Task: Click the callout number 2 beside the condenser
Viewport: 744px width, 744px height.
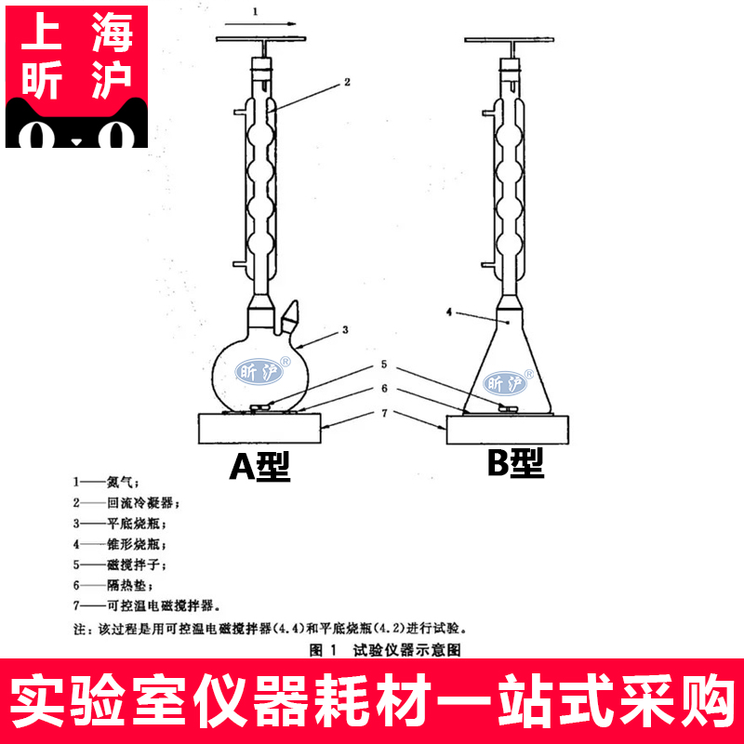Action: (x=346, y=82)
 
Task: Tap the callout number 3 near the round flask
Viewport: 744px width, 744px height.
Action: (x=345, y=329)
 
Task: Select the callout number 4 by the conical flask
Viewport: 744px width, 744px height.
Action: (x=449, y=314)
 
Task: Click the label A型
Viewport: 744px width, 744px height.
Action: (x=260, y=467)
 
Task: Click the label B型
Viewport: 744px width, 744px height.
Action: (x=515, y=465)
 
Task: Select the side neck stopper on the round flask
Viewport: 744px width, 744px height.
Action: (x=291, y=312)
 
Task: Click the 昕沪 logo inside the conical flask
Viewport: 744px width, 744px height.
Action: (x=509, y=382)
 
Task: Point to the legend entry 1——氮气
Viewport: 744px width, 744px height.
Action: (x=106, y=483)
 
